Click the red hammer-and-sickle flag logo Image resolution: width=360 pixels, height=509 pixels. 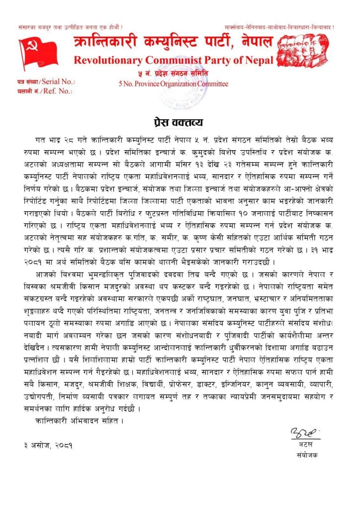(x=38, y=52)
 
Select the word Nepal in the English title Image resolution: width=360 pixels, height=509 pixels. (x=258, y=61)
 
